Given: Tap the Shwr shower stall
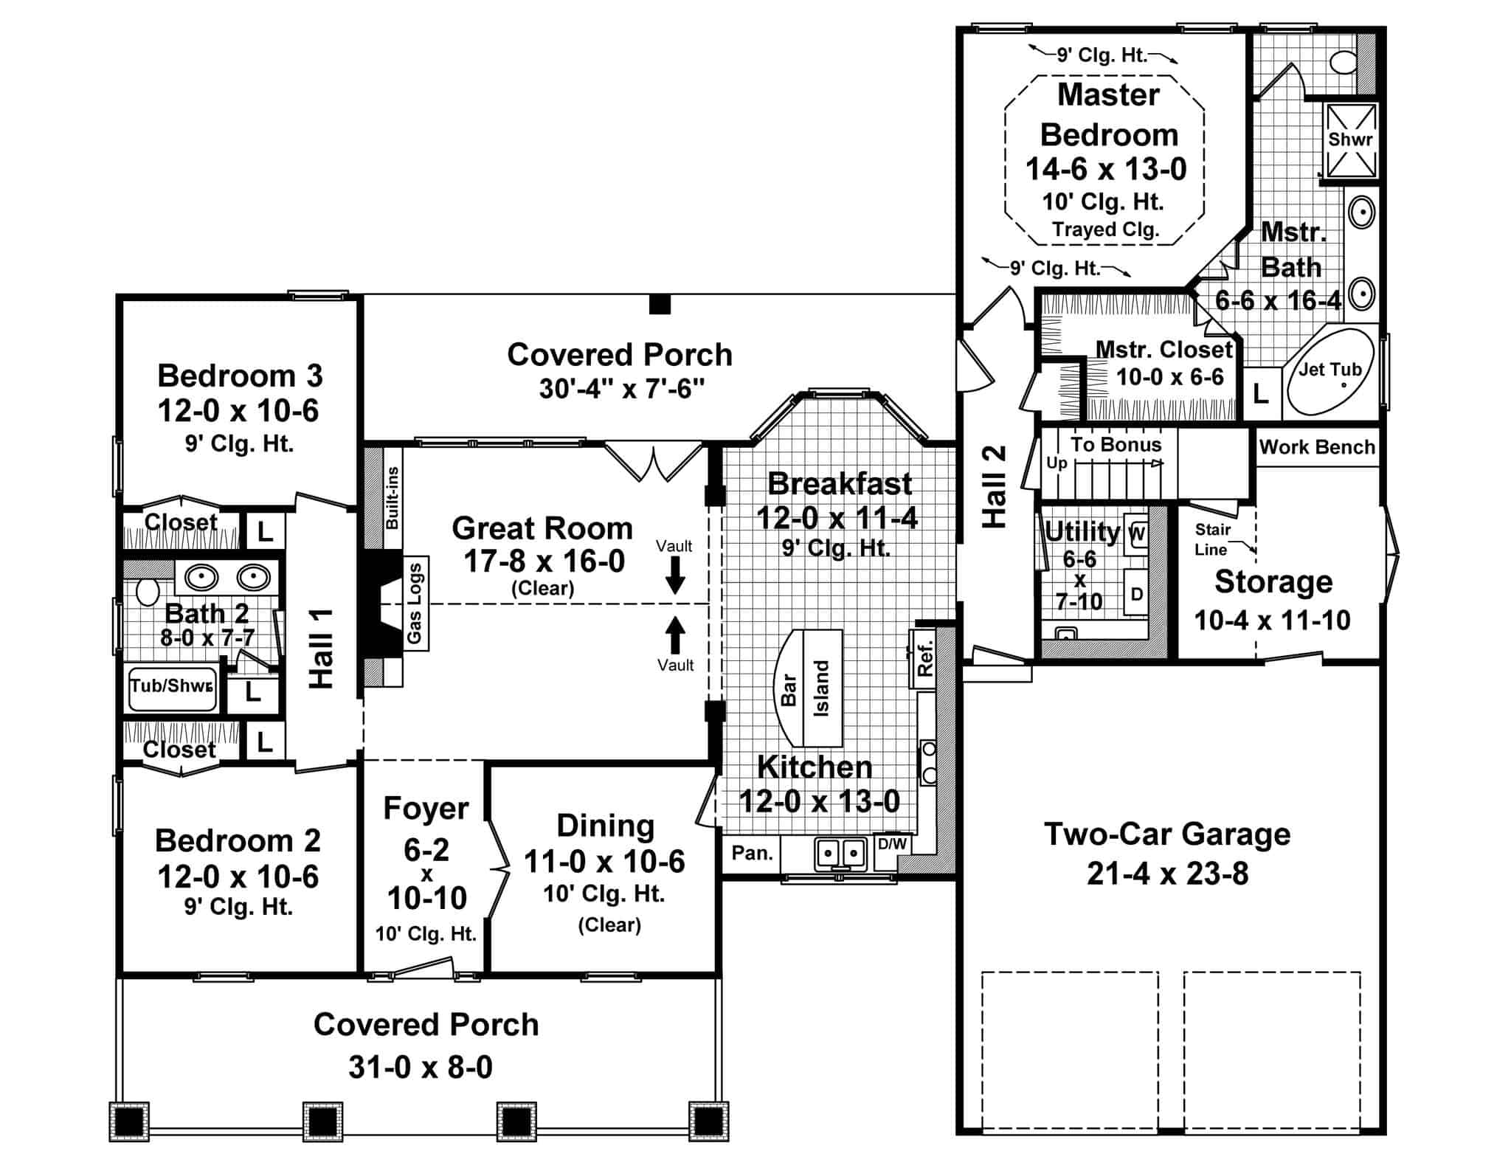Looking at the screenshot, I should coord(1350,140).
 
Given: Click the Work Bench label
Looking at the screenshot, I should coord(1317,447).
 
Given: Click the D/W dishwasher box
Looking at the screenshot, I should coord(892,843).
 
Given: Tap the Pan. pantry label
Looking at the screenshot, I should coord(752,853).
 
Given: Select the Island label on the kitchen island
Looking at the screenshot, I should coord(821,688).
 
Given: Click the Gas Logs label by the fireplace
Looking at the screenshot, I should coord(415,603).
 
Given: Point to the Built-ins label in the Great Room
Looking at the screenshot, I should coord(393,497).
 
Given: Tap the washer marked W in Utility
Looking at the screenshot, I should coord(1137,534).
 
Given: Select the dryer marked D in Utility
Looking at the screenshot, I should coord(1136,593).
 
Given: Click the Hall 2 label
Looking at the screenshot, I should coord(995,486).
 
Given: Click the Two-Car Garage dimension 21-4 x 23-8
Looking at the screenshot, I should coord(1167,874).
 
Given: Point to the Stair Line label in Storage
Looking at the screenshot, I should coord(1212,539).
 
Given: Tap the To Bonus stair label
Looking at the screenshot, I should coord(1116,445).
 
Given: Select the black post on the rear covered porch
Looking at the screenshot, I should coord(660,304).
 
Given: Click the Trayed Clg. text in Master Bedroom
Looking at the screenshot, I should coord(1105,229).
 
